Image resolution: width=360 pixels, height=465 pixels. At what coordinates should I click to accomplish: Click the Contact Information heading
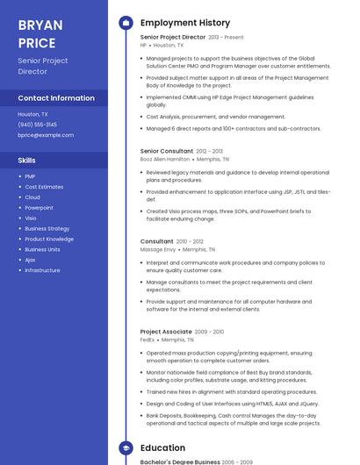coord(56,98)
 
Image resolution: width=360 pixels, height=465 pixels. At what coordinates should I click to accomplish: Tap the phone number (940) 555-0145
coord(37,125)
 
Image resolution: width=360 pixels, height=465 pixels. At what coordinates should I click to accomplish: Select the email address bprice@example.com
coord(46,135)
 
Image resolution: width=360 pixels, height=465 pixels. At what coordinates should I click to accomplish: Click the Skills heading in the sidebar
coord(27,161)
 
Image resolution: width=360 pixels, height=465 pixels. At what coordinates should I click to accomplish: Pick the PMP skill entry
coord(30,176)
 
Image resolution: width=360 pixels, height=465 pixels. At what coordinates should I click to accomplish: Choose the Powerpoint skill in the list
coord(39,208)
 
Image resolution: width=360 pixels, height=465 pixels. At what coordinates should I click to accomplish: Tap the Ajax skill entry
coord(30,260)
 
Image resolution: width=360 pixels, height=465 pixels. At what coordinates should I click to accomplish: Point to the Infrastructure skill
coord(42,270)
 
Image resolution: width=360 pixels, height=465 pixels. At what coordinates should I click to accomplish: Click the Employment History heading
coord(185,23)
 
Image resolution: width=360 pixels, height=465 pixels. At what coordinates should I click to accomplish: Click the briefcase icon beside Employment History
coord(126,23)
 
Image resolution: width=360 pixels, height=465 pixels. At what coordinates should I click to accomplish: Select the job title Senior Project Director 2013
coord(172,38)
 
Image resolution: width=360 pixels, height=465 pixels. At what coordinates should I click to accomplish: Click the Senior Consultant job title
coord(167,151)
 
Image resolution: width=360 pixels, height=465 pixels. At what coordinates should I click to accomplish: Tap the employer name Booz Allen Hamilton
coord(165,160)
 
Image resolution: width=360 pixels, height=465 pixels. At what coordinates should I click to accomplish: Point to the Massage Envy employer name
coord(158,249)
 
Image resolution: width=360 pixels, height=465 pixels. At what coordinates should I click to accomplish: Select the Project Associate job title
coord(166,332)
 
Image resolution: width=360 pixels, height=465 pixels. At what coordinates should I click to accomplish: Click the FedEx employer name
coord(148,340)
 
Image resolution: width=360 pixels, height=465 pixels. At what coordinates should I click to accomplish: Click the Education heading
coord(162,447)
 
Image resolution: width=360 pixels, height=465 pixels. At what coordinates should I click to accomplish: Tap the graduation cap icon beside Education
coord(126,447)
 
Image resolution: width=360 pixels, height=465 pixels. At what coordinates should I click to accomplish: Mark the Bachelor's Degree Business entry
coord(180,461)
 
